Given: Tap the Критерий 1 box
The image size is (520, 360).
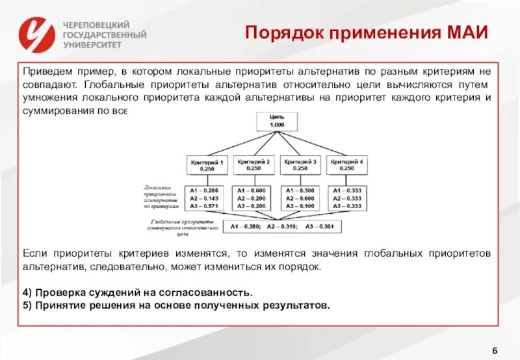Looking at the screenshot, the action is pos(207,164).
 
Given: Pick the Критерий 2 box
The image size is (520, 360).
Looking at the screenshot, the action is pos(253,164).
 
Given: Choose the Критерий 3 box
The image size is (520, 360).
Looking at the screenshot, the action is pos(300,164).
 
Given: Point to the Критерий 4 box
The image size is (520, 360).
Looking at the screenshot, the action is pos(346,164).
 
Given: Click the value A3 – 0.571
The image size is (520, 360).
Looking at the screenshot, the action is pos(207,206).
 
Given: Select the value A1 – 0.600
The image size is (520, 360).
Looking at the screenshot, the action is pos(253,190).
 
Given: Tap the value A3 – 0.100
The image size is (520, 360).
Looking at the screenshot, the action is pos(300,206).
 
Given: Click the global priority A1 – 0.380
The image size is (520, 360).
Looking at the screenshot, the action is pos(244,227).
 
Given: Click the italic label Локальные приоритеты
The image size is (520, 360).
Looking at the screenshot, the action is pos(161,190).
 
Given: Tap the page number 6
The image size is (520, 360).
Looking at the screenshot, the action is pos(495,351).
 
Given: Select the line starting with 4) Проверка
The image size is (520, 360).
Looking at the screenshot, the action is pos(136,292).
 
